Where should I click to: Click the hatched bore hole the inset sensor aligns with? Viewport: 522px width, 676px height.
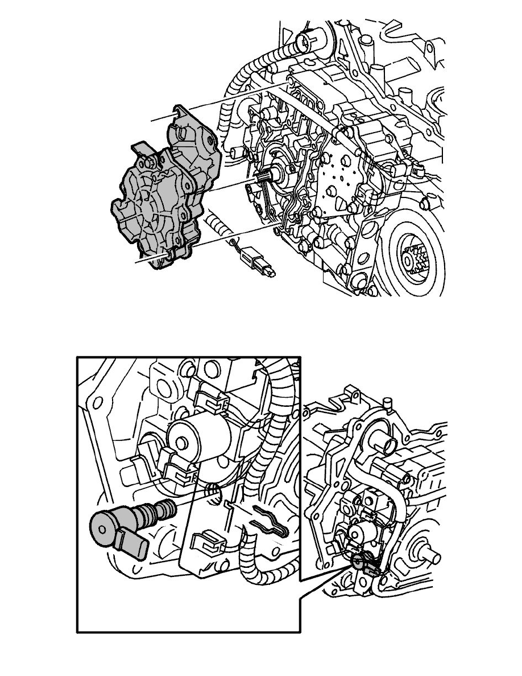(x=213, y=490)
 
